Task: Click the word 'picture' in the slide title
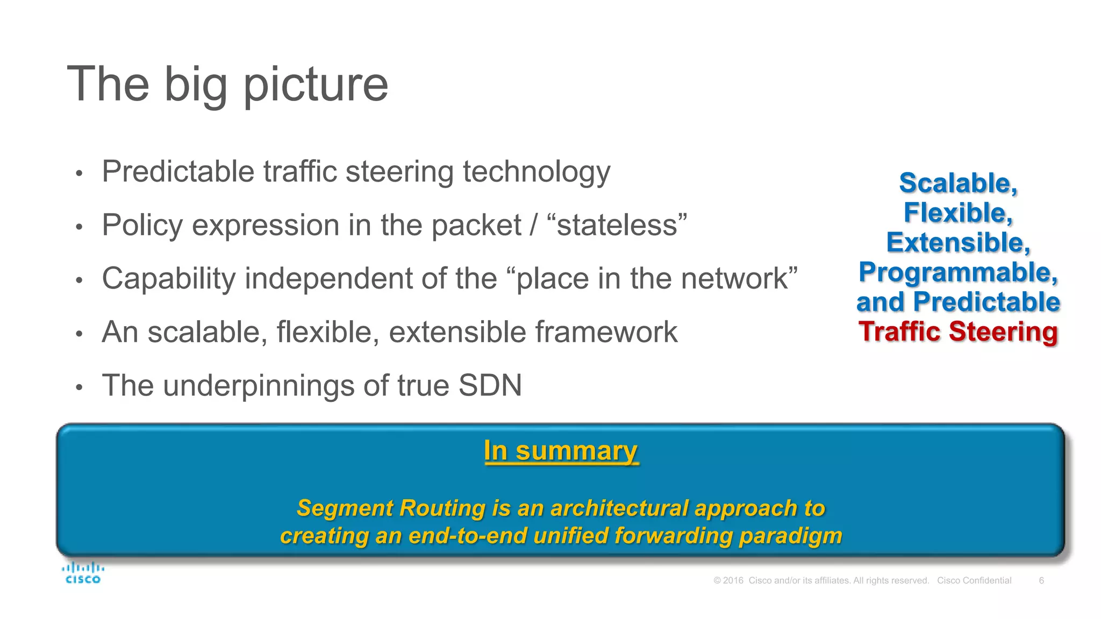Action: [316, 85]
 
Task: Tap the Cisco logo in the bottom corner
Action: [83, 573]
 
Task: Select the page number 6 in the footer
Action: [1041, 580]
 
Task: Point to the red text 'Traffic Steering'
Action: [958, 332]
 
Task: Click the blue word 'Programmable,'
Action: [958, 272]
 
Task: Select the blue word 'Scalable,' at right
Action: [958, 183]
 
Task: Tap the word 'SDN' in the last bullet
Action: [490, 385]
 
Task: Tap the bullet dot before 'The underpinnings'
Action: [79, 387]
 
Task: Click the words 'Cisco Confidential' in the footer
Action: [974, 580]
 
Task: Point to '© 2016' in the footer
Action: [728, 580]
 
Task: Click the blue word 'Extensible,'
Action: [958, 243]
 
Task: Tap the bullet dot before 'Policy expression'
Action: [79, 227]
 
